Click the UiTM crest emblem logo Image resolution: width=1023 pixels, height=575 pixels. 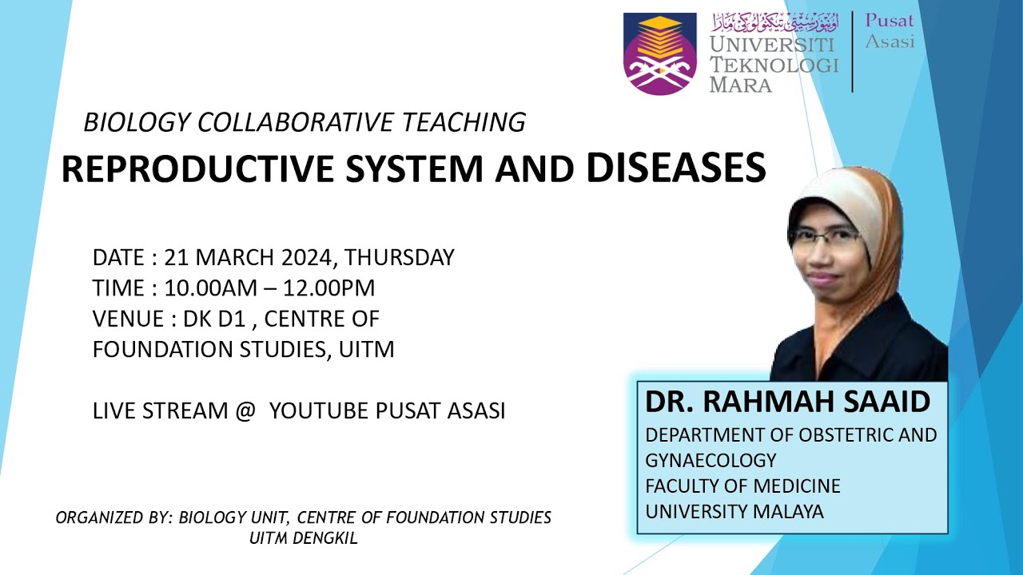tap(660, 53)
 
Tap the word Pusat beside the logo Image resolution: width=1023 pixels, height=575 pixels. tap(889, 22)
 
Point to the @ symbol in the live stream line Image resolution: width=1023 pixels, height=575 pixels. tap(245, 411)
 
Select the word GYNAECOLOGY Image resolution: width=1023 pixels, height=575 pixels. tap(711, 460)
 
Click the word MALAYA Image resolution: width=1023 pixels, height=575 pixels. tap(786, 511)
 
